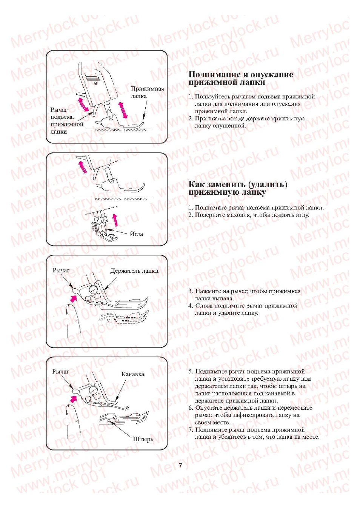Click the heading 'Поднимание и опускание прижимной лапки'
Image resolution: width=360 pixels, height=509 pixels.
(240, 78)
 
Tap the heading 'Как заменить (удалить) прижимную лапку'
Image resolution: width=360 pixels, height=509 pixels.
(238, 188)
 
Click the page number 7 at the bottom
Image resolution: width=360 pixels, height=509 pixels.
(180, 465)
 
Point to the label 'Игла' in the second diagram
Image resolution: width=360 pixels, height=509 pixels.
(136, 234)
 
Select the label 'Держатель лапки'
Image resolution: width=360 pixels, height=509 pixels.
(134, 271)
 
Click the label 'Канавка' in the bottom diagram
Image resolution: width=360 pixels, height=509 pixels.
(132, 374)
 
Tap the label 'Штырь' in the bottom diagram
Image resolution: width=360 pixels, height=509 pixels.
(143, 439)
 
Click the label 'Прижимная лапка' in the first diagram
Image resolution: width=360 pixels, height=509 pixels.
(147, 92)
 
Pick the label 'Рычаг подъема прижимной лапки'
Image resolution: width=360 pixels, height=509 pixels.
(66, 120)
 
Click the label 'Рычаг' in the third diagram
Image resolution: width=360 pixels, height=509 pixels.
(61, 270)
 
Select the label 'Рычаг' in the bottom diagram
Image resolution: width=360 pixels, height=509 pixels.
(60, 371)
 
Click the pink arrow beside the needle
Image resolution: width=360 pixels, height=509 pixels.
(115, 220)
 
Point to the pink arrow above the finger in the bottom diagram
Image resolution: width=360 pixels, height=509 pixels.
(74, 398)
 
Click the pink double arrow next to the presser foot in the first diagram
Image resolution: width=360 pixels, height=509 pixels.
(123, 110)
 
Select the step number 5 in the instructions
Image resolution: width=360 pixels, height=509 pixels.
(191, 371)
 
